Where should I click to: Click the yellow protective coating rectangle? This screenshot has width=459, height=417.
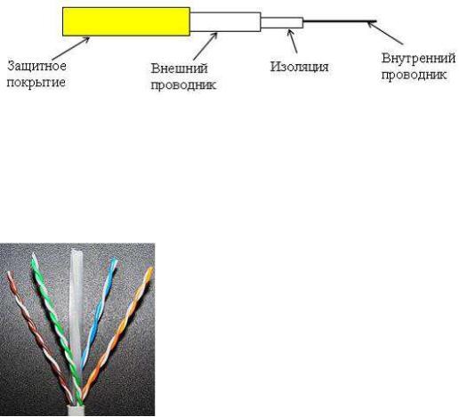[126, 21]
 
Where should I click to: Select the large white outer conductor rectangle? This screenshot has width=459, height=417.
[225, 22]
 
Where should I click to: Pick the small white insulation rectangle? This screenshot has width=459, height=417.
[282, 23]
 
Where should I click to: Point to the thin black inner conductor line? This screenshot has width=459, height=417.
[340, 21]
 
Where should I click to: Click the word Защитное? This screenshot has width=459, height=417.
[36, 66]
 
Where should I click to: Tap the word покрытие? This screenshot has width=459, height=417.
[36, 82]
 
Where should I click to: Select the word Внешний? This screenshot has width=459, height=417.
[179, 68]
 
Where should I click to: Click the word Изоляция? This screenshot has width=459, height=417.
[299, 67]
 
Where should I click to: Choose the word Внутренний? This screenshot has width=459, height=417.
[418, 58]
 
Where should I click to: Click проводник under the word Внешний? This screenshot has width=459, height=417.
[183, 85]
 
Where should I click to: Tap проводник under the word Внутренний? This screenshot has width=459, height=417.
[414, 75]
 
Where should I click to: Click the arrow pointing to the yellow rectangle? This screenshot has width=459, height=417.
[70, 48]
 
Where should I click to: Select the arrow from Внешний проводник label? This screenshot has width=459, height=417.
[205, 46]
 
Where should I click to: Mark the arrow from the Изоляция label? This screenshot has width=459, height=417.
[293, 41]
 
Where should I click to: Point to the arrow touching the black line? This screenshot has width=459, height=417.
[385, 33]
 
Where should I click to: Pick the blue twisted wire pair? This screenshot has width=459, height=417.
[98, 311]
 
